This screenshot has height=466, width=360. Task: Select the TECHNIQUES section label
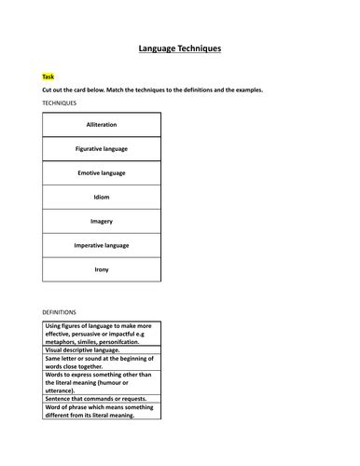coord(60,103)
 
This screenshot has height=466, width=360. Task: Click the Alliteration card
coord(102,124)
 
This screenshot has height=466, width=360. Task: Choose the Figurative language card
coord(102,148)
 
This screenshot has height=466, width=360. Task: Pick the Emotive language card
coord(102,172)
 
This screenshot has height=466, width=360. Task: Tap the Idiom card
coord(102,197)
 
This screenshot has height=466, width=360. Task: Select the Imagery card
coord(102,221)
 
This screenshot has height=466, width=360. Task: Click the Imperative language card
coord(102,245)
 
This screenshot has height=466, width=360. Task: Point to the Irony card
coord(102,269)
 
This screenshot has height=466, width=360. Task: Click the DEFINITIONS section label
coord(60,311)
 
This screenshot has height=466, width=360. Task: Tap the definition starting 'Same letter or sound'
coord(100,362)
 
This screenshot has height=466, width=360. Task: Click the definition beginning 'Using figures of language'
coord(100,333)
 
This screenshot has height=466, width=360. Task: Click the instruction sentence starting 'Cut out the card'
coord(153,89)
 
